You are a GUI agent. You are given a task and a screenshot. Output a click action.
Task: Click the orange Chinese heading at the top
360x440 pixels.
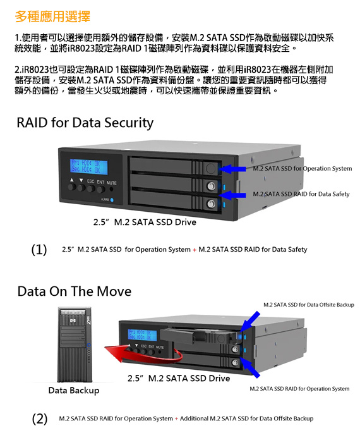point(52,16)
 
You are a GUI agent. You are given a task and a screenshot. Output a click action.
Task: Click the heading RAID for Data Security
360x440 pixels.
point(85,123)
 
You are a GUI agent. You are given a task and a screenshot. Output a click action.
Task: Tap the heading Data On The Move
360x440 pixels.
point(75,291)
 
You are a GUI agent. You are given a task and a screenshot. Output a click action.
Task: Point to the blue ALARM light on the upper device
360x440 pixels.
point(112,200)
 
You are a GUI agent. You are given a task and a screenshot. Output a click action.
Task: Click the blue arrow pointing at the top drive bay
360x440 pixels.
point(232,169)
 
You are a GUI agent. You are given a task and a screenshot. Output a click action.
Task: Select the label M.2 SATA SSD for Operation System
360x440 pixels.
point(303,169)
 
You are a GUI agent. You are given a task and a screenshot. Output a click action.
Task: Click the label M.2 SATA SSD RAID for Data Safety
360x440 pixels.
point(301,194)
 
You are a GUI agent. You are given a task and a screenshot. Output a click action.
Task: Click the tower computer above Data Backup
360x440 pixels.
point(75,345)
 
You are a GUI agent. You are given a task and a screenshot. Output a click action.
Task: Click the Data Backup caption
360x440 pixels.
point(74,391)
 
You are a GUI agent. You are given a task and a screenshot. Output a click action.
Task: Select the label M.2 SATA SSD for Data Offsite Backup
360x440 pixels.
point(309,305)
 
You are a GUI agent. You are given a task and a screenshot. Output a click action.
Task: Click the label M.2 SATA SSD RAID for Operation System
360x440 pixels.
point(299,389)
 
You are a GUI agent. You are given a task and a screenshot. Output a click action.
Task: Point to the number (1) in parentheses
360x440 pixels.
point(39,249)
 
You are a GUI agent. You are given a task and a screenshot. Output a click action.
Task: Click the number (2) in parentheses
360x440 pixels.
point(40,419)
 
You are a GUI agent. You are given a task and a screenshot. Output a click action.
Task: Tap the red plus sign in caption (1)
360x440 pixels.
point(195,250)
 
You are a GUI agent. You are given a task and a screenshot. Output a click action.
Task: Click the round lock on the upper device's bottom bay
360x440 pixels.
point(212,204)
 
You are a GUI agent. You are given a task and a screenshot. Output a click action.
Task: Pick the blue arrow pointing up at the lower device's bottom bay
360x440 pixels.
point(250,367)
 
